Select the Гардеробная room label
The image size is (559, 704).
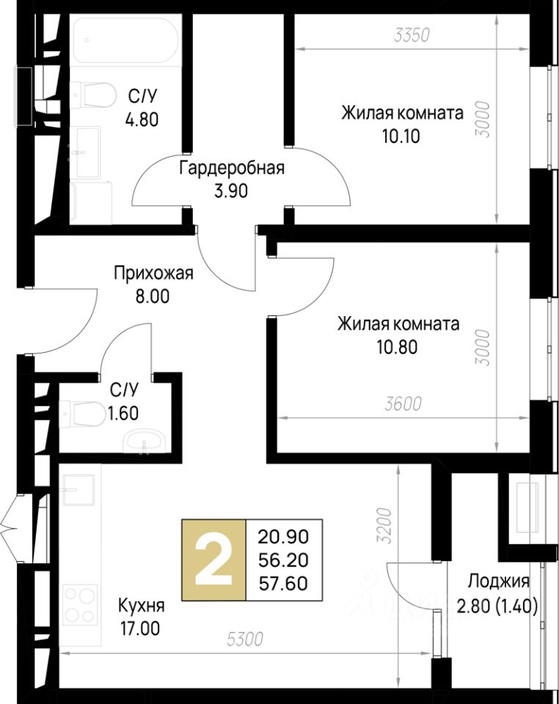click(232, 169)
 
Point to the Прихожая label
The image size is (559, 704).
click(153, 273)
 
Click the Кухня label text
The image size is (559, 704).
click(141, 606)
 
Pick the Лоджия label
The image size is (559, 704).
click(498, 582)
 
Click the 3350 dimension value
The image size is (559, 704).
click(412, 35)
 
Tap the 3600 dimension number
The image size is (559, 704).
click(403, 404)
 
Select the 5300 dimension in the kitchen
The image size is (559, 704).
click(245, 639)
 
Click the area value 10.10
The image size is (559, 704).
click(401, 135)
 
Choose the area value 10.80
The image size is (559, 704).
click(397, 347)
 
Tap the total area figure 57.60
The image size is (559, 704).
click(283, 583)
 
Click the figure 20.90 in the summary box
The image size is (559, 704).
click(283, 537)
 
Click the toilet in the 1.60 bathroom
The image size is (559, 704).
click(81, 414)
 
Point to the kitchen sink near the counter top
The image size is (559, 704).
click(78, 489)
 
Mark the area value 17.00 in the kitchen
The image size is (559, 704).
click(139, 628)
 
